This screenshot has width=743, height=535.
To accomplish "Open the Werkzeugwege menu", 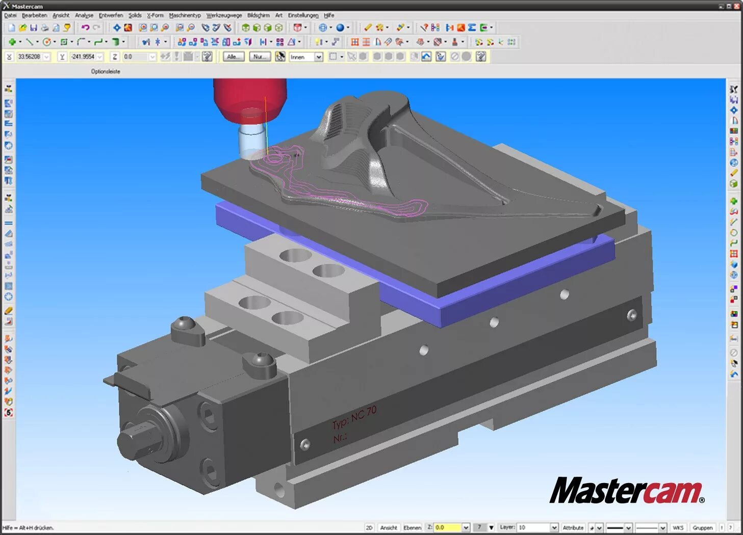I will [224, 15].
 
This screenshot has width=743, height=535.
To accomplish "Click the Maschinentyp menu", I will [185, 15].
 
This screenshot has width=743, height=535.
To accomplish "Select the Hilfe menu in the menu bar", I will [329, 15].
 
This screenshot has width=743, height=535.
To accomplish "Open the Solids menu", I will [135, 15].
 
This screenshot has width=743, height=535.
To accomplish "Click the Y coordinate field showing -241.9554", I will [83, 57].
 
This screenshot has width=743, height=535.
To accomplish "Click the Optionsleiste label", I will [106, 71].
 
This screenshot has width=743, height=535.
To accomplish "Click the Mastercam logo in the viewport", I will [626, 491].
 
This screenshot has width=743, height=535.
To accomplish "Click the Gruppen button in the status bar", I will [702, 527].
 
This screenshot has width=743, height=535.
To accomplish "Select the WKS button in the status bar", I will [677, 527].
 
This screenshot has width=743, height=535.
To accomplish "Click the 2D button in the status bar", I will [369, 527].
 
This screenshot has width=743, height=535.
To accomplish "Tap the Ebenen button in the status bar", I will [412, 527].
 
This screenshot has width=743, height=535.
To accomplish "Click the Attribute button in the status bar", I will [573, 527].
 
